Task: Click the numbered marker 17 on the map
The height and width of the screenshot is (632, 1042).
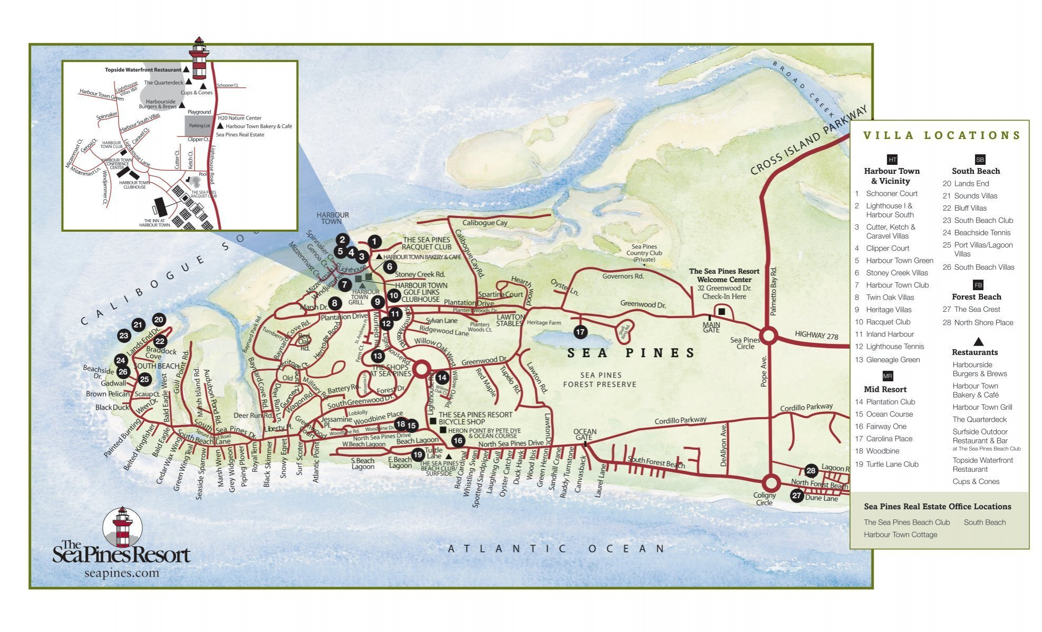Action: click(x=580, y=332)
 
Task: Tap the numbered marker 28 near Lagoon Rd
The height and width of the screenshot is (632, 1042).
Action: click(x=811, y=470)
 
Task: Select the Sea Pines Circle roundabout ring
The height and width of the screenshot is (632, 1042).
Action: click(x=768, y=335)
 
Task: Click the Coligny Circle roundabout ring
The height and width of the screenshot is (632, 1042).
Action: click(x=771, y=482)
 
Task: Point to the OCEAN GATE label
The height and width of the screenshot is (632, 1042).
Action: click(x=585, y=434)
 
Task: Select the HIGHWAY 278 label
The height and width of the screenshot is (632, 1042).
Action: click(x=816, y=335)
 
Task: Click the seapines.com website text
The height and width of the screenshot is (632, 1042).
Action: click(x=121, y=573)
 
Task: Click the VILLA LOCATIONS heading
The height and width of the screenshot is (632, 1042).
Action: click(x=942, y=135)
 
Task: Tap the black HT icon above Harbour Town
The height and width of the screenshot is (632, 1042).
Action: click(x=892, y=160)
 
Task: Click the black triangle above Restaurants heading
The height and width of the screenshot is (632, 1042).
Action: click(x=978, y=341)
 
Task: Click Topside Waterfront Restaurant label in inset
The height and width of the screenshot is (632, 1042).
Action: click(x=143, y=70)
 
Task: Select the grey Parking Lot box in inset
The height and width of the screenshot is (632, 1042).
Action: click(x=199, y=126)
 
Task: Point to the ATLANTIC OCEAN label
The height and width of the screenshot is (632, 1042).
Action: click(x=556, y=549)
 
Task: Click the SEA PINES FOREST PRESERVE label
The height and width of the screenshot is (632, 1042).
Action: click(x=600, y=380)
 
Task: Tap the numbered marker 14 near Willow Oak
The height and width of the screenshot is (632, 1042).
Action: click(x=442, y=377)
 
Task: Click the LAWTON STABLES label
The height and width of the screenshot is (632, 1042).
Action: click(x=510, y=320)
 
